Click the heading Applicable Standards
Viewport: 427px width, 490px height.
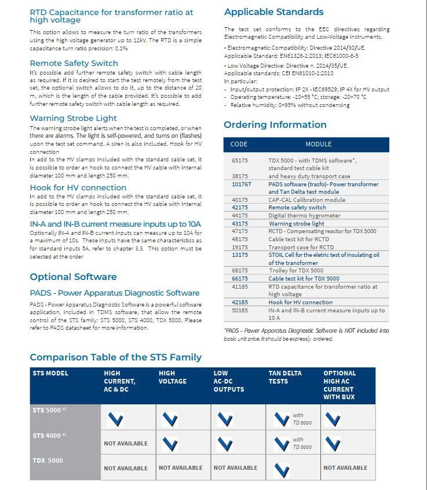pyautogui.click(x=274, y=12)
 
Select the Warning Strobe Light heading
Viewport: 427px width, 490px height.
pyautogui.click(x=73, y=118)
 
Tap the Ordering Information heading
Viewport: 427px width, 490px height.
pyautogui.click(x=275, y=124)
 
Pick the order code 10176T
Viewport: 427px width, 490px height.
pyautogui.click(x=241, y=184)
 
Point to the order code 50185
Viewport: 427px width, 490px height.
pyautogui.click(x=239, y=310)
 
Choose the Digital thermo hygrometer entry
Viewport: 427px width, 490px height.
pyautogui.click(x=304, y=215)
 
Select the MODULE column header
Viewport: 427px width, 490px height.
pyautogui.click(x=319, y=144)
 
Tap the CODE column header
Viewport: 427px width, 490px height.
pyautogui.click(x=239, y=144)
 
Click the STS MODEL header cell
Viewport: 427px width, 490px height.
pyautogui.click(x=50, y=373)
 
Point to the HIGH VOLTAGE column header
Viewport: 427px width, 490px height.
pyautogui.click(x=173, y=377)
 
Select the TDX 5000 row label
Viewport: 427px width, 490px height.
pyautogui.click(x=48, y=460)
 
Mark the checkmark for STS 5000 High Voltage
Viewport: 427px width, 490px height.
pyautogui.click(x=170, y=419)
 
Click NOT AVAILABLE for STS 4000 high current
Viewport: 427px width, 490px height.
pyautogui.click(x=126, y=444)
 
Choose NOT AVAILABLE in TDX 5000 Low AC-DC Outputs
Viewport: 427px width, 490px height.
pyautogui.click(x=235, y=467)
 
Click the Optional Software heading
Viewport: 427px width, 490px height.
pyautogui.click(x=73, y=277)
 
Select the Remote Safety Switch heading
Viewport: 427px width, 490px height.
pyautogui.click(x=74, y=63)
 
